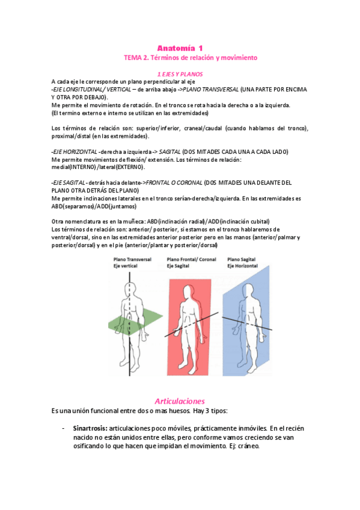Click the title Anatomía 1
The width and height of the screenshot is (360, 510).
180,48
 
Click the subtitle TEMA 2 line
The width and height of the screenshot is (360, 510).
190,58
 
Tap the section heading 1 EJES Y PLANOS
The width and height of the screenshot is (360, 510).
180,73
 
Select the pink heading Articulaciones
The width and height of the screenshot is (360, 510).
180,401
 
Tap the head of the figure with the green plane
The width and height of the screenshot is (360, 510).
129,278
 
